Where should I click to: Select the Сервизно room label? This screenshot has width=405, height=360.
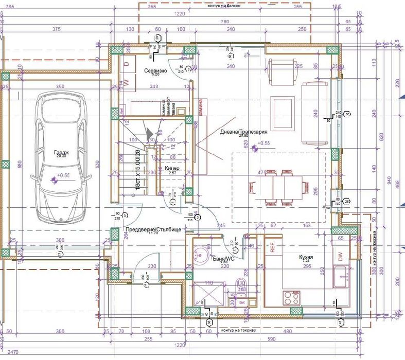(154, 70)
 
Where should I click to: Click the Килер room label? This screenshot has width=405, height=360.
(172, 169)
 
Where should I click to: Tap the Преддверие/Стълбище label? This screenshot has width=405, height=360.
(152, 230)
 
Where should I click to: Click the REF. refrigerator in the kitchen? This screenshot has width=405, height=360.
(273, 247)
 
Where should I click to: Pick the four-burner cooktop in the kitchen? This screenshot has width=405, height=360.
(292, 297)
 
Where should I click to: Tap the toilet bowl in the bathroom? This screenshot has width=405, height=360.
(241, 286)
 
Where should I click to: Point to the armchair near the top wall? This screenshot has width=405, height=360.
(279, 71)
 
